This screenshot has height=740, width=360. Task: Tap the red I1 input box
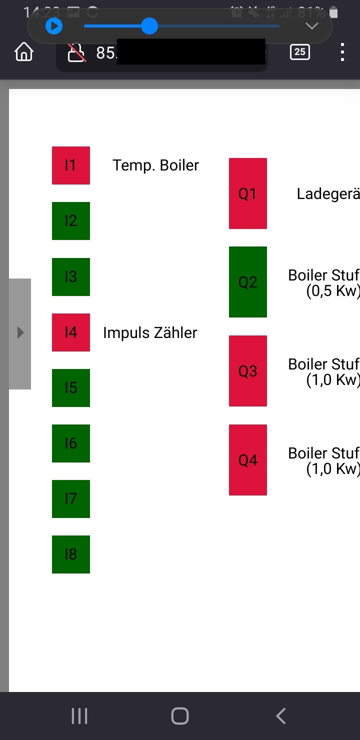[71, 165]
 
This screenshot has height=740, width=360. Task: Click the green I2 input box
[71, 221]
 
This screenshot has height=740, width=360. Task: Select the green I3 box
[71, 276]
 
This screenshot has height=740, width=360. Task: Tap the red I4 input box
[71, 332]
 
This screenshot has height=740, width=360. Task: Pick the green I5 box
[71, 387]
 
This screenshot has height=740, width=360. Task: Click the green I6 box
[71, 443]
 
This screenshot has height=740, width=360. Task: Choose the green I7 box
[71, 498]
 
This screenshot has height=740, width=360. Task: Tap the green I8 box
[71, 554]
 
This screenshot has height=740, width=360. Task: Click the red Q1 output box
[247, 193]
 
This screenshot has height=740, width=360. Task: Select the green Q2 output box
[247, 282]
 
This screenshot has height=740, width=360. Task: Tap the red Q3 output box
[247, 370]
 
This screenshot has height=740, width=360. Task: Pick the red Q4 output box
[247, 459]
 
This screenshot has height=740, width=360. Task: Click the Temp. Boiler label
[155, 165]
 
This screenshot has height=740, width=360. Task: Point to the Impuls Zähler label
[150, 332]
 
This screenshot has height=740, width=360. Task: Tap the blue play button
[54, 26]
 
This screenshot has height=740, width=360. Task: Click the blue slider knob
[149, 26]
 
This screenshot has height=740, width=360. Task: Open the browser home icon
[24, 52]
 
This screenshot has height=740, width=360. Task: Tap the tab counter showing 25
[299, 52]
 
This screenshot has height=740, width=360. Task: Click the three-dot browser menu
[342, 52]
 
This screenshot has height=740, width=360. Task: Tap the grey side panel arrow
[20, 333]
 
